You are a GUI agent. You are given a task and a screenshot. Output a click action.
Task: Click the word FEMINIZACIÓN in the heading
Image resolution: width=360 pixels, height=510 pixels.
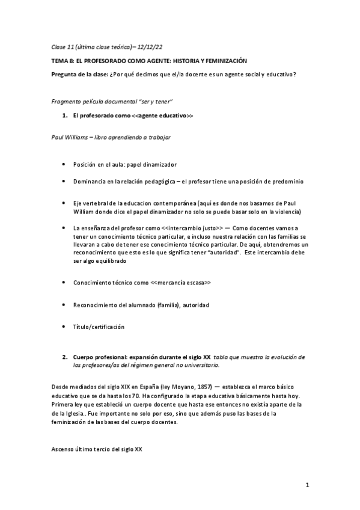pos(218,61)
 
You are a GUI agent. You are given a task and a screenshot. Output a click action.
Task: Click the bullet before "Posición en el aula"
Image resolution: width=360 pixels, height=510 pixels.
pos(64,164)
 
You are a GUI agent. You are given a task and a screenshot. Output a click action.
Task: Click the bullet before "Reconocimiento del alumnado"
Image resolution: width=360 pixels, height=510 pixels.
pos(64,305)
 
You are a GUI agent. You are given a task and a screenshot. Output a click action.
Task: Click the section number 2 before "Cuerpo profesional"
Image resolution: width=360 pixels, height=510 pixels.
pos(64,357)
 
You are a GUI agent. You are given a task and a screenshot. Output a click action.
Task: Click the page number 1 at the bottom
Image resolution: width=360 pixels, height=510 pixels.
pos(307,485)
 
